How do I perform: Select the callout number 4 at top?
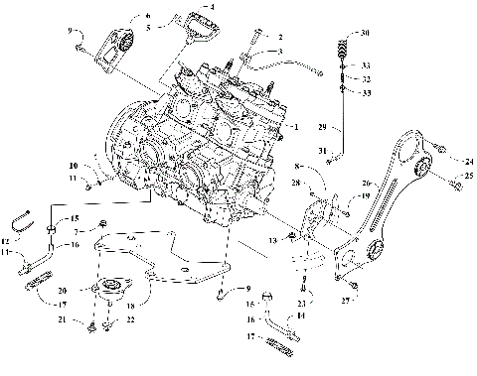tap(210, 7)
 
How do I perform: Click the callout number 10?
tap(74, 165)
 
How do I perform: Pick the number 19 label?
tap(367, 197)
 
